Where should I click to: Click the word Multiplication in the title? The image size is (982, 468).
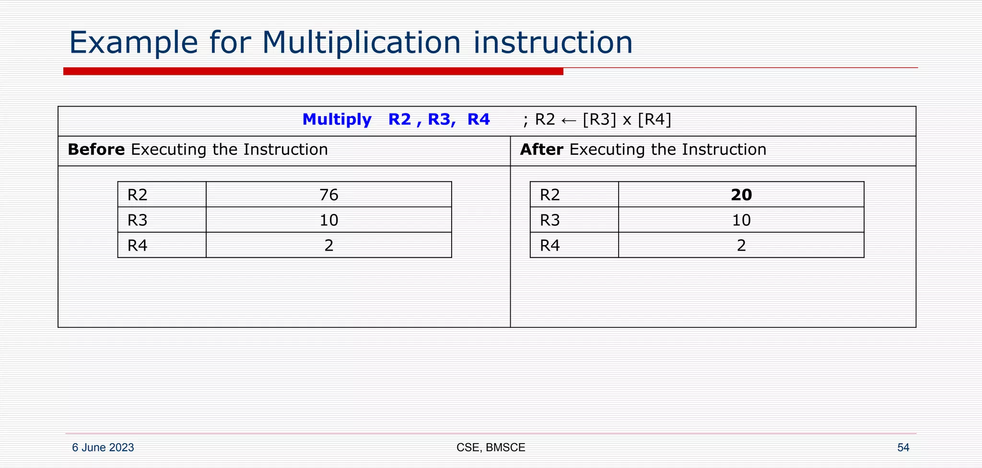click(361, 43)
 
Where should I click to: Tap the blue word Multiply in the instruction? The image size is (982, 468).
click(337, 119)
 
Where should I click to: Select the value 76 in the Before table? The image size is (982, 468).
click(328, 195)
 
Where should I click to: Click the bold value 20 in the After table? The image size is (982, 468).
click(741, 195)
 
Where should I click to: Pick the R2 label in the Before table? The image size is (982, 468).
click(137, 195)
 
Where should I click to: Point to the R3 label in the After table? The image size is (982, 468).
click(549, 220)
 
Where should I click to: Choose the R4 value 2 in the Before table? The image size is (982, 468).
click(328, 246)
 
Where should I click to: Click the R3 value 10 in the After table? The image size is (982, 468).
click(741, 220)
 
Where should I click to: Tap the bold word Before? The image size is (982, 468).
click(96, 150)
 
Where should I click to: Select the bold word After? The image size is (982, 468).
click(541, 150)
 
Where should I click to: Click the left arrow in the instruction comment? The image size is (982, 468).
click(569, 120)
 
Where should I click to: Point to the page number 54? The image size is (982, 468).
click(903, 447)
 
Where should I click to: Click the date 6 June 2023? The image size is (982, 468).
click(103, 447)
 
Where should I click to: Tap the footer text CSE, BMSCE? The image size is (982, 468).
click(491, 447)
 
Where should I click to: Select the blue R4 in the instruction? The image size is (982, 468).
click(479, 119)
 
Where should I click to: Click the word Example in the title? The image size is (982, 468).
click(133, 43)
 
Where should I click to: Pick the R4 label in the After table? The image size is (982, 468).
click(549, 246)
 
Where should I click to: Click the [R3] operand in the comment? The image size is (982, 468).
click(599, 119)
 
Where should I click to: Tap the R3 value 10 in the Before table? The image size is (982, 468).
click(328, 220)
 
